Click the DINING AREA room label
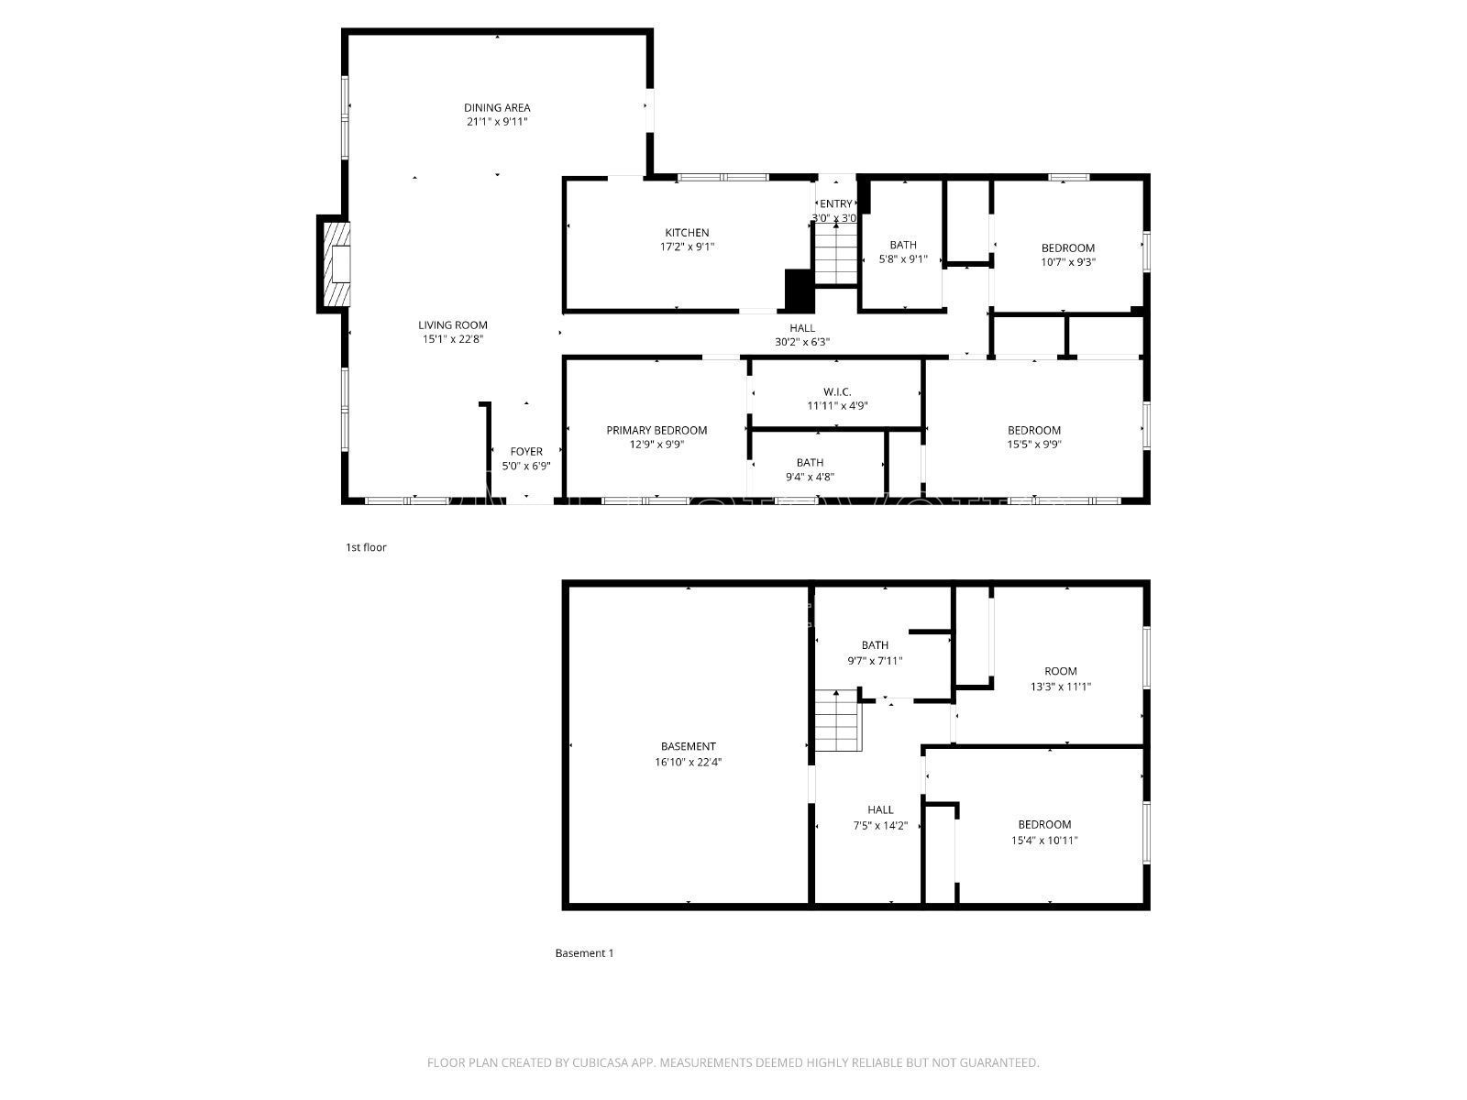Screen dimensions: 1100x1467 (497, 107)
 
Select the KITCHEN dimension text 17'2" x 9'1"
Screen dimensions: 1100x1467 (687, 247)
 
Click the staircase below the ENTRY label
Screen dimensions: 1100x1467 (834, 254)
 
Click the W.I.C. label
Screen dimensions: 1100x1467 (836, 391)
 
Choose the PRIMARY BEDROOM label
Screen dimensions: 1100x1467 (656, 430)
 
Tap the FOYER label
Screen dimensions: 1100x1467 (526, 451)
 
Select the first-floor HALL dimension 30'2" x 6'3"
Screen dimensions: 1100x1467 (802, 343)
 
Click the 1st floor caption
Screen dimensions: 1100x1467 (366, 547)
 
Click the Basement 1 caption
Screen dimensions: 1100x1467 (584, 953)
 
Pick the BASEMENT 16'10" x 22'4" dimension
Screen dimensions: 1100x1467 (688, 762)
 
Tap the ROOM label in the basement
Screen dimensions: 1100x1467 (1061, 671)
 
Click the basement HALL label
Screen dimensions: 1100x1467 (880, 809)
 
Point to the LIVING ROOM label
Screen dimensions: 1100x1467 (453, 324)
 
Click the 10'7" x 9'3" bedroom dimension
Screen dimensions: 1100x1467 (1068, 262)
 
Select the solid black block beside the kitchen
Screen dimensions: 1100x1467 (799, 291)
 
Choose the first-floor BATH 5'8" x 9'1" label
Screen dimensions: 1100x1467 (903, 245)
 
